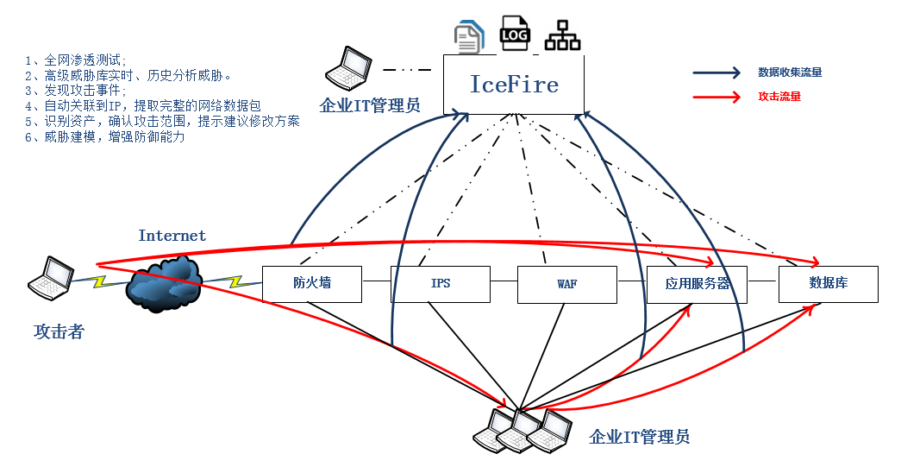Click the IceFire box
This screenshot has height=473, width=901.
click(514, 85)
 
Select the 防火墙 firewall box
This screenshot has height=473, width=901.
click(311, 283)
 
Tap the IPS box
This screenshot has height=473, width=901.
click(441, 283)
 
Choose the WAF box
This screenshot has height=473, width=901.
click(567, 283)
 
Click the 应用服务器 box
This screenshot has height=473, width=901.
click(697, 283)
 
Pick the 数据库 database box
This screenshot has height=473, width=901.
click(828, 283)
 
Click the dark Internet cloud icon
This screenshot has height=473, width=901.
click(165, 283)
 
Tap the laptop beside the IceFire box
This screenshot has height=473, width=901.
click(349, 68)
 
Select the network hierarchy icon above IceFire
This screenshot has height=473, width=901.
click(562, 35)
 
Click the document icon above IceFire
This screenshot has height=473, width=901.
click(469, 36)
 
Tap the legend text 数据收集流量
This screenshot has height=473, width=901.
click(790, 73)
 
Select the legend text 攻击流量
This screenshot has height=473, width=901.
click(779, 97)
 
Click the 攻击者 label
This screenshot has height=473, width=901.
click(59, 331)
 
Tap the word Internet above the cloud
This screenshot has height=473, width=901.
click(172, 236)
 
